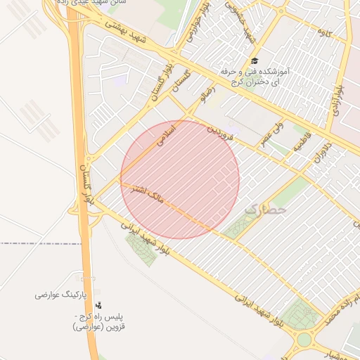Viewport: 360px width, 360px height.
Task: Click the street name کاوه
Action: pyautogui.click(x=324, y=32)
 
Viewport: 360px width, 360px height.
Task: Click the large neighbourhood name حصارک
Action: pyautogui.click(x=266, y=209)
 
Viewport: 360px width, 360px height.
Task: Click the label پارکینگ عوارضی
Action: pyautogui.click(x=60, y=295)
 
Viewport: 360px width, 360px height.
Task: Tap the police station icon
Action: pyautogui.click(x=98, y=305)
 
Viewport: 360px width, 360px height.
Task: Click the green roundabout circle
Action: pyautogui.click(x=304, y=340)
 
